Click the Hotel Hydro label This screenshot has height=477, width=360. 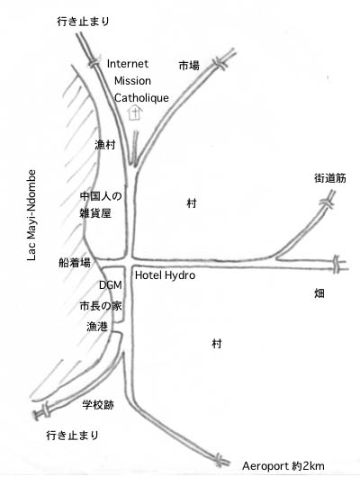click(x=165, y=275)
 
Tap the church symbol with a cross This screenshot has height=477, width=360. click(x=134, y=112)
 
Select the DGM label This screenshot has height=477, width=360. click(x=111, y=285)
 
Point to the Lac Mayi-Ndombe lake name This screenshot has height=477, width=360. click(x=31, y=215)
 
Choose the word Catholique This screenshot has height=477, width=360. click(x=141, y=98)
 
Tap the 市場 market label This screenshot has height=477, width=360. click(x=189, y=65)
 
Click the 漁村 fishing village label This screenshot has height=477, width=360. click(x=105, y=145)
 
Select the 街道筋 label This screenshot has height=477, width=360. click(x=330, y=178)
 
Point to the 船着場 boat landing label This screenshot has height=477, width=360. click(x=75, y=263)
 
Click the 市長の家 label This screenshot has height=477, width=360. click(x=101, y=306)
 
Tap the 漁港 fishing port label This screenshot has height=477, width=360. click(x=97, y=327)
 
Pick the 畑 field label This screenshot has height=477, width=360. click(x=319, y=293)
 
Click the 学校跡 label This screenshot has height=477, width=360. click(x=98, y=405)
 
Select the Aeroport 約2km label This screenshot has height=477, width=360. click(x=283, y=466)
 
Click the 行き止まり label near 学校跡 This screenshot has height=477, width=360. click(x=72, y=436)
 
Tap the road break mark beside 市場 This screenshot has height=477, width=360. click(x=220, y=64)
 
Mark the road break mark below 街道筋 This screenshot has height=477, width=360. click(x=327, y=202)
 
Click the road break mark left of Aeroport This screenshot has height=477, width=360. click(x=219, y=459)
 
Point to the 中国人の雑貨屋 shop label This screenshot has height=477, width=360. click(x=101, y=204)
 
